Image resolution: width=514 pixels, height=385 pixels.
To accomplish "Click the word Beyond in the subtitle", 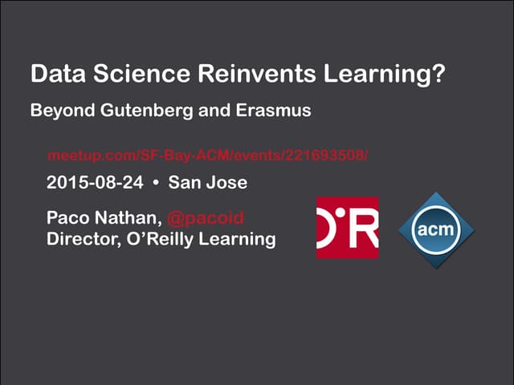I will point(59,111).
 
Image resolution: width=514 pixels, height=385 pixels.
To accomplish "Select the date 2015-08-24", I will point(95,183).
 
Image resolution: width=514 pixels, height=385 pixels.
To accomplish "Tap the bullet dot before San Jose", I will point(157,183).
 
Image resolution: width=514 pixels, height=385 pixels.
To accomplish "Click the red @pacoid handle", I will point(206,219).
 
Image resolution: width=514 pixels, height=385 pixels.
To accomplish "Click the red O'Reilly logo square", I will point(347,228).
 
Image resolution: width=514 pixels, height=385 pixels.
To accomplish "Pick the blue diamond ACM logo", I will point(437,229).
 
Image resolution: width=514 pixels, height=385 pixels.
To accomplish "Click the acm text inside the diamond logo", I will point(437,230).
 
